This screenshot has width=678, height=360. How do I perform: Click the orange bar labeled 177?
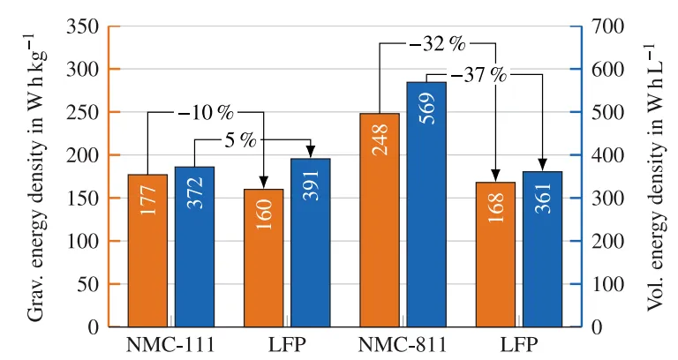coord(147,251)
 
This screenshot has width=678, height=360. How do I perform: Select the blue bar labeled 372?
coord(194,247)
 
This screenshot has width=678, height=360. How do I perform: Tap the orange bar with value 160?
coord(263,258)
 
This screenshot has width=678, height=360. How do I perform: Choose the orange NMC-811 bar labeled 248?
coord(380,220)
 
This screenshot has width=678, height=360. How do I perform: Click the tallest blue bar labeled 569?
coord(426,204)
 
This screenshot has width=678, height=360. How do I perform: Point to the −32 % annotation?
coord(437,42)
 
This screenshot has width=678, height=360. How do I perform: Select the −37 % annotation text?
coord(479,75)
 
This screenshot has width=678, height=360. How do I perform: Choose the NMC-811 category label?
coord(403,342)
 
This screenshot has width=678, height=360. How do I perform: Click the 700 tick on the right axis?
coord(605,26)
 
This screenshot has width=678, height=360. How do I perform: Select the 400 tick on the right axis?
coord(605,155)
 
